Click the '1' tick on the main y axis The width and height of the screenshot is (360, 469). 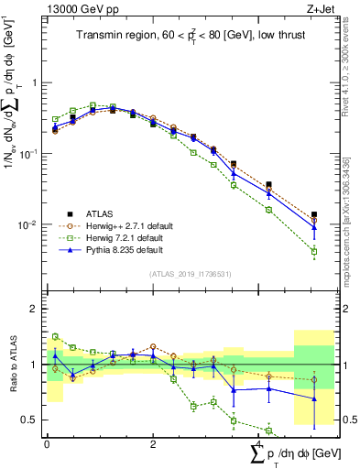coord(36,82)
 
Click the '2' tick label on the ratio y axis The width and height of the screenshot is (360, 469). coord(36,309)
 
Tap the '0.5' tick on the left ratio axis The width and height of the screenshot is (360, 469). coord(32,420)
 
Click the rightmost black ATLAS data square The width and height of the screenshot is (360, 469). coord(314,214)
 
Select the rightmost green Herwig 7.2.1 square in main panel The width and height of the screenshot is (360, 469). coord(314,251)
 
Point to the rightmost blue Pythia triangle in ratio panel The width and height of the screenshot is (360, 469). coord(314,398)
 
